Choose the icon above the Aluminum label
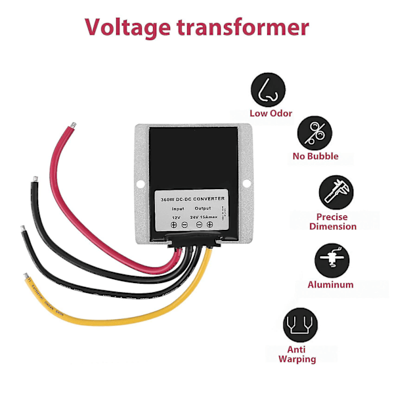point(330,260)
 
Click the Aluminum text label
point(330,285)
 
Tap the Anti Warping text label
point(297,354)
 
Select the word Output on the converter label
point(203,209)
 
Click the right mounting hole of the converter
point(247,183)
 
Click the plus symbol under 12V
point(174,225)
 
